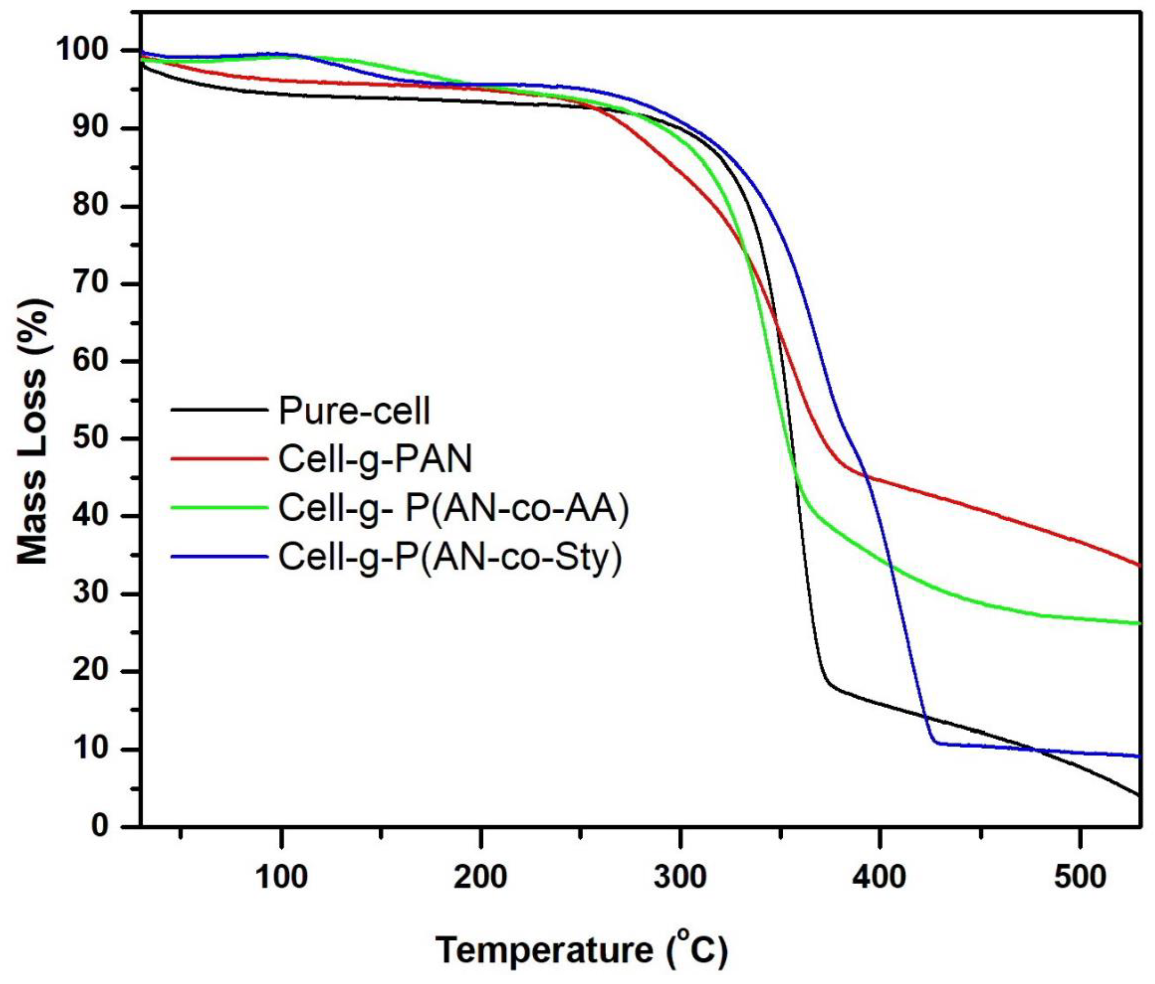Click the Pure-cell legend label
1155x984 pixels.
(354, 411)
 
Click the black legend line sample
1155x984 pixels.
(219, 410)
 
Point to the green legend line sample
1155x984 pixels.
(219, 507)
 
